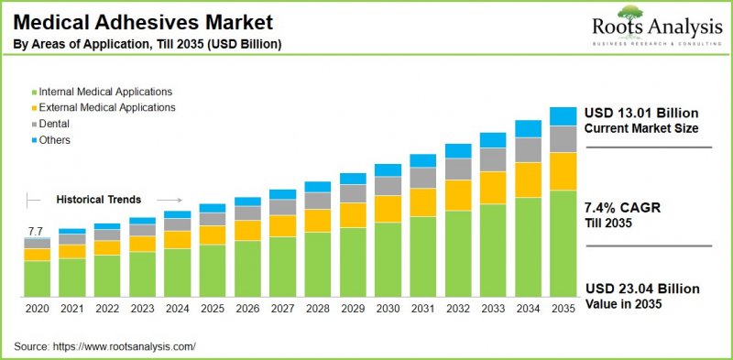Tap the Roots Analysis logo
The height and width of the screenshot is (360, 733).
[x=645, y=27]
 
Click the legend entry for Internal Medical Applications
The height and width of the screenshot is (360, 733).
[x=105, y=92]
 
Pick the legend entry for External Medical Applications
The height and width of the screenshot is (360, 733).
[x=107, y=107]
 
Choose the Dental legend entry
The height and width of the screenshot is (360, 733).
[x=55, y=124]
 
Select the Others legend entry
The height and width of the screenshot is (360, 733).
[x=55, y=140]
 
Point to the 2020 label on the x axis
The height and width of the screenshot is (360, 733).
[x=37, y=310]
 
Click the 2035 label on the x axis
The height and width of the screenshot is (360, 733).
[x=563, y=310]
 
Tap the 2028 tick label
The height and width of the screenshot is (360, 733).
[x=317, y=310]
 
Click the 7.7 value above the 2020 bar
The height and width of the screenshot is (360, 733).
[x=36, y=231]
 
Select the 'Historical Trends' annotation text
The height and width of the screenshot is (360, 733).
[x=99, y=199]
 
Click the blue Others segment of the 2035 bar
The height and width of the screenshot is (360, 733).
[x=563, y=115]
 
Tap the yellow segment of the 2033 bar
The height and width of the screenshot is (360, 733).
[x=493, y=188]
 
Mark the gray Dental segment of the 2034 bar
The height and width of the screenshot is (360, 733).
[x=528, y=149]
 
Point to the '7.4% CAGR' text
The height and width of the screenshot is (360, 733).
[x=622, y=208]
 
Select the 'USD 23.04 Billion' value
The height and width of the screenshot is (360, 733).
[x=639, y=288]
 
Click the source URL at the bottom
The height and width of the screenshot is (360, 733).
[x=124, y=346]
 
